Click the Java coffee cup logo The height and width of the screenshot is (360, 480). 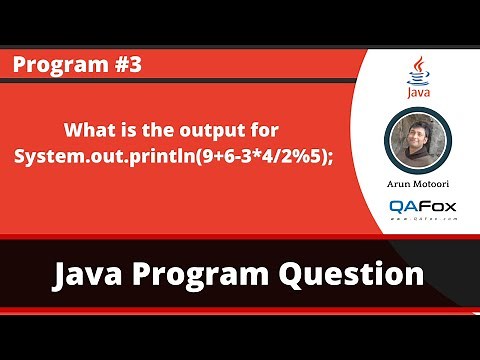(419, 70)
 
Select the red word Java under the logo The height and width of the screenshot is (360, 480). (419, 93)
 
